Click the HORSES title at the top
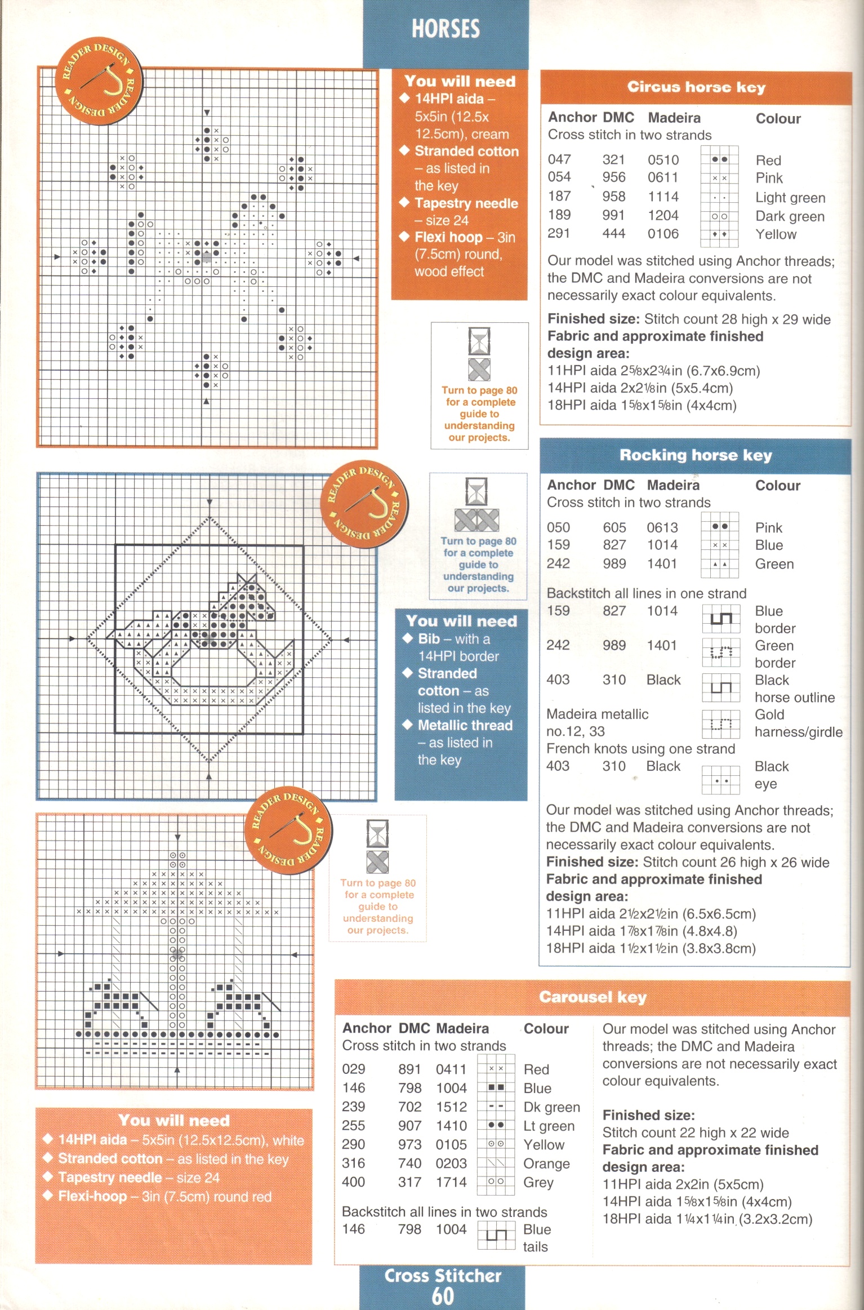pyautogui.click(x=446, y=28)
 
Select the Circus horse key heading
pyautogui.click(x=696, y=87)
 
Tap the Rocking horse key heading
pyautogui.click(x=696, y=455)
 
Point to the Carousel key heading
pyautogui.click(x=593, y=997)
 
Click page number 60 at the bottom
pyautogui.click(x=443, y=1296)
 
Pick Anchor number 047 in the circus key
pyautogui.click(x=559, y=159)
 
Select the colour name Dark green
pyautogui.click(x=790, y=216)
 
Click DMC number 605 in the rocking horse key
pyautogui.click(x=614, y=527)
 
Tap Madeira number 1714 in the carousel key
pyautogui.click(x=451, y=1182)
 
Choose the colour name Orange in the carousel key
pyautogui.click(x=546, y=1164)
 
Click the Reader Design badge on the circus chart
pyautogui.click(x=99, y=81)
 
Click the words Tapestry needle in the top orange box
pyautogui.click(x=466, y=203)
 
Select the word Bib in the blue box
pyautogui.click(x=429, y=638)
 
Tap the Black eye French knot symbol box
pyautogui.click(x=720, y=780)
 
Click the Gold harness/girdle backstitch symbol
pyautogui.click(x=720, y=724)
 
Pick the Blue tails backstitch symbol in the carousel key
pyautogui.click(x=496, y=1236)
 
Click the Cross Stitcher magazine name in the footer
pyautogui.click(x=443, y=1276)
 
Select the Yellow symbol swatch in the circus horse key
pyautogui.click(x=719, y=234)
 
